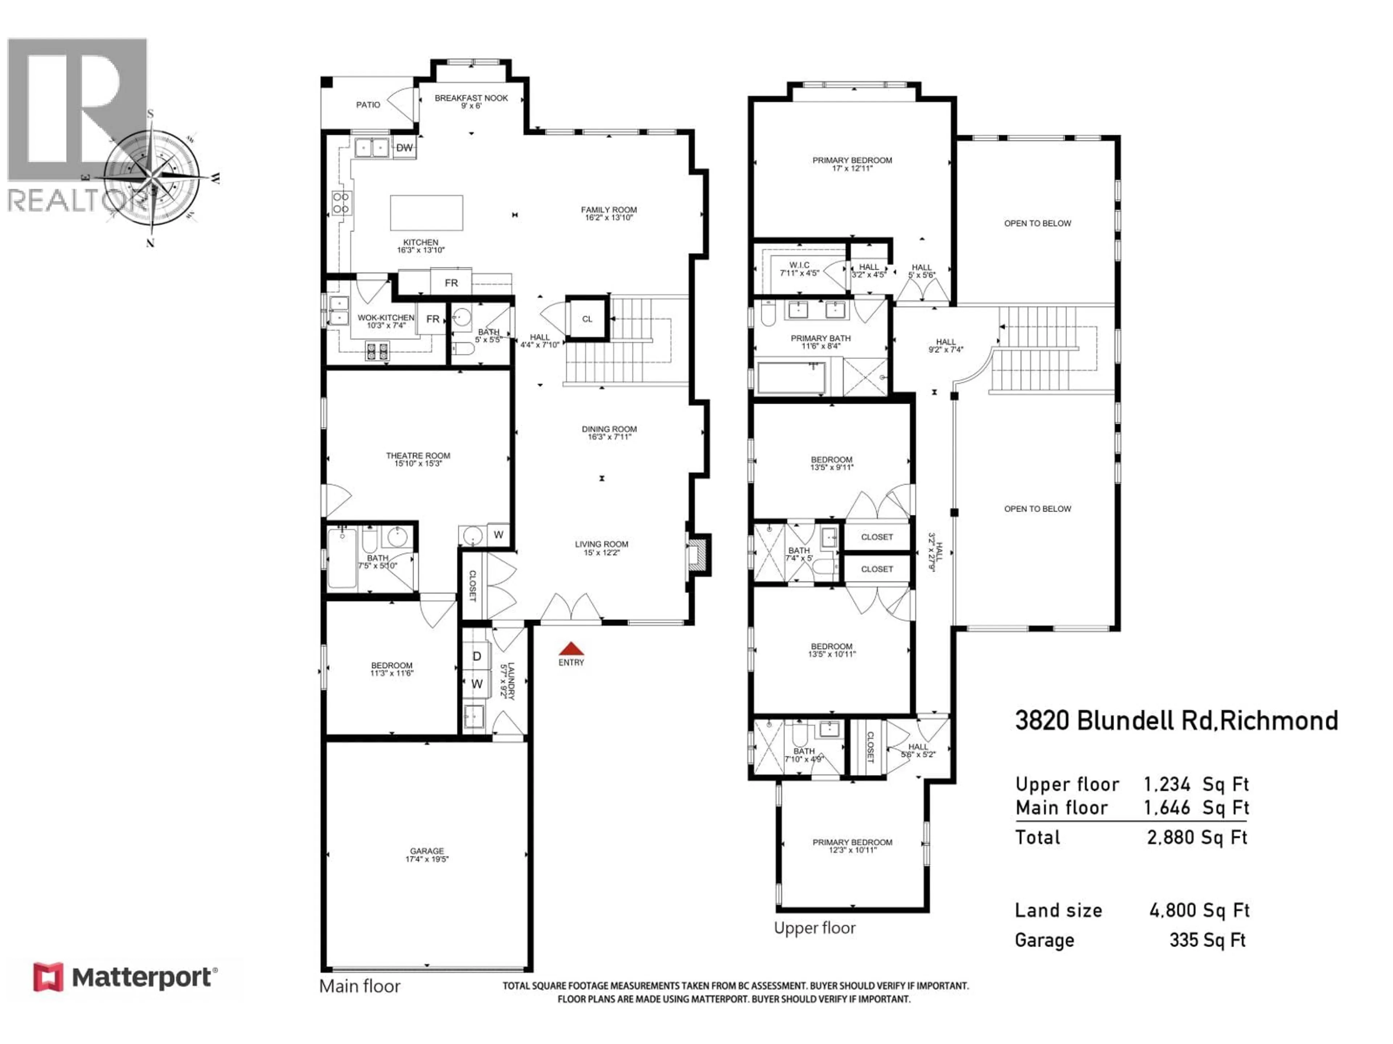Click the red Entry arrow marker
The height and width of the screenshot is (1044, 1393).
coord(571,649)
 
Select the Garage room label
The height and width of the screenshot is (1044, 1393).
coord(427,854)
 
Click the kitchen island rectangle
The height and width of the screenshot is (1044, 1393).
coord(426,213)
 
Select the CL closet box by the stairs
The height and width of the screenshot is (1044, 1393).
coord(587,319)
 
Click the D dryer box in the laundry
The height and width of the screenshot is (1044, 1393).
coord(477,656)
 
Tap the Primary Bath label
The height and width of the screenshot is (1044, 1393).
coord(821,342)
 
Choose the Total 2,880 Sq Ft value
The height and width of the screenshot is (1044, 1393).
coord(1196,838)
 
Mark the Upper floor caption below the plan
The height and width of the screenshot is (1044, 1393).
coord(814,928)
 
